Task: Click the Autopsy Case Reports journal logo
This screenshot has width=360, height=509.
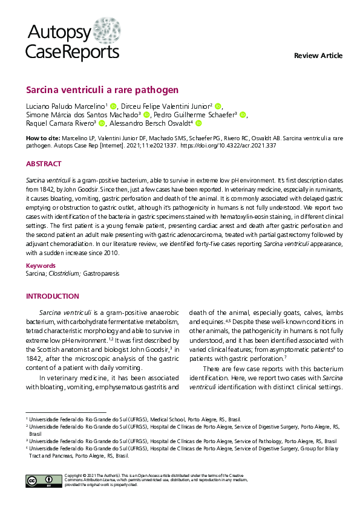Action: [72, 43]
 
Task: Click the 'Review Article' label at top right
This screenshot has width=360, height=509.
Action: [318, 56]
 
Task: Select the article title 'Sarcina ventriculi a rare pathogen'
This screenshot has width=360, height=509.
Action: [102, 90]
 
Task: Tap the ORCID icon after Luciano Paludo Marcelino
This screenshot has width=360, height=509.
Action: [113, 106]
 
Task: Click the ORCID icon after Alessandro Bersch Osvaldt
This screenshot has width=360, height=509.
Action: [198, 123]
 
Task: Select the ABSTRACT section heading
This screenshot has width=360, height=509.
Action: [44, 164]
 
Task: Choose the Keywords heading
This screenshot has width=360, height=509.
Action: [41, 265]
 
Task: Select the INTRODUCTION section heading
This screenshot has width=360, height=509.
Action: [52, 296]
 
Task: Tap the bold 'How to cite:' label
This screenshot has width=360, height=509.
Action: [43, 138]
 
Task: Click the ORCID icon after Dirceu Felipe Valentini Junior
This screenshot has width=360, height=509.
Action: [218, 106]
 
